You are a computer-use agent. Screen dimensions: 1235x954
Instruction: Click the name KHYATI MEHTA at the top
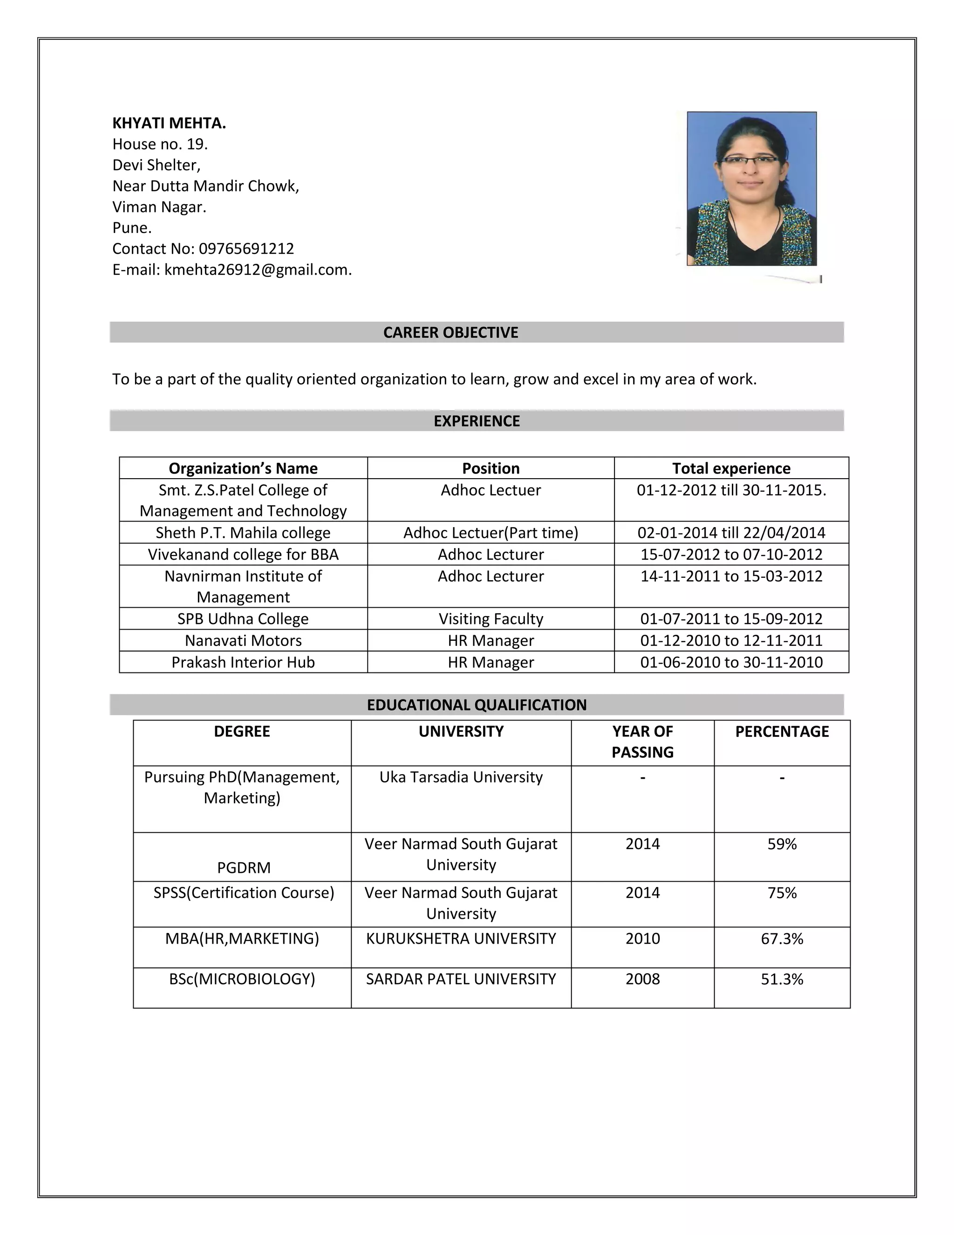point(169,123)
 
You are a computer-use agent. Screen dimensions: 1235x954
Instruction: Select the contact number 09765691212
point(246,249)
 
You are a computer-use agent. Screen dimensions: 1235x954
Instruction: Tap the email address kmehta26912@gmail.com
point(258,270)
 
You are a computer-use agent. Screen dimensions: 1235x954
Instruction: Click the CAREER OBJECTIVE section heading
point(450,332)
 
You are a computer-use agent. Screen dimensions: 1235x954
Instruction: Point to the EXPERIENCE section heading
point(477,421)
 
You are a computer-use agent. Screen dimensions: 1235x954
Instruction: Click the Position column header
point(491,468)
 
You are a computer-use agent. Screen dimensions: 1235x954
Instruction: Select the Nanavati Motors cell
point(243,641)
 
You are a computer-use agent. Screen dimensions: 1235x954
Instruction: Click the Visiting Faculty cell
point(491,618)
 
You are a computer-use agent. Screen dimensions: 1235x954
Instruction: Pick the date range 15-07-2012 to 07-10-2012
point(731,554)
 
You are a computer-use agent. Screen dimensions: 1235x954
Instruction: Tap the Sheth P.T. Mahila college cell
point(243,533)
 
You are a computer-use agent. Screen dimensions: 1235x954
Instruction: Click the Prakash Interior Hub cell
point(243,662)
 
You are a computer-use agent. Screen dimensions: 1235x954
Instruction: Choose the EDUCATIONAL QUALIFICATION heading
point(477,705)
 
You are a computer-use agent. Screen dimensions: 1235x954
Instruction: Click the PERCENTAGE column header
point(782,731)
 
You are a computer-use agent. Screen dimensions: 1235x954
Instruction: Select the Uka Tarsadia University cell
point(461,777)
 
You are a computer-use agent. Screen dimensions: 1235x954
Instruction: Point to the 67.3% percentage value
point(782,939)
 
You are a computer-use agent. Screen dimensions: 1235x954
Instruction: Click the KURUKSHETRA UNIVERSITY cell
point(461,939)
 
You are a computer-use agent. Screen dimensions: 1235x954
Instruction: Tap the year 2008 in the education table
point(642,979)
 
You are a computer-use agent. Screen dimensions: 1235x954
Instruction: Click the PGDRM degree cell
point(244,867)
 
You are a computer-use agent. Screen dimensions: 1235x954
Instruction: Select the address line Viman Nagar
point(159,207)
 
